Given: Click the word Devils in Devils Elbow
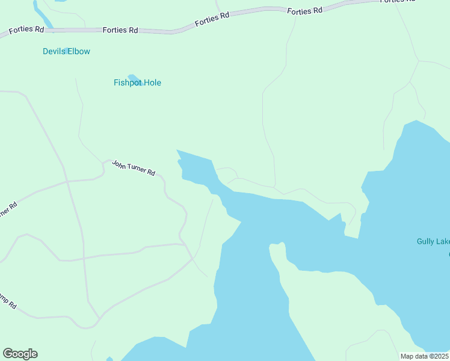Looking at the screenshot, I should [x=54, y=52].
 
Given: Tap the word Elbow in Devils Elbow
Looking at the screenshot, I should [x=78, y=52].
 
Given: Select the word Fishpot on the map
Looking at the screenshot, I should [x=127, y=83].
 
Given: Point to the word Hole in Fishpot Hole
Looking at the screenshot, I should [x=152, y=83].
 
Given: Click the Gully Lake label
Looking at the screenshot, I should [x=433, y=242].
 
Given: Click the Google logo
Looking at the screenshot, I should [x=20, y=354].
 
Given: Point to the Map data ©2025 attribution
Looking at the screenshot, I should [x=424, y=356].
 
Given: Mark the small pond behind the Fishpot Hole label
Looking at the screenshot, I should [x=134, y=78].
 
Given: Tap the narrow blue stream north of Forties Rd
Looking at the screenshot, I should [x=42, y=15].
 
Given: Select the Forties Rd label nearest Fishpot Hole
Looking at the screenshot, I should [x=120, y=29].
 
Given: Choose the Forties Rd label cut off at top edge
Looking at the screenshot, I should [x=398, y=1].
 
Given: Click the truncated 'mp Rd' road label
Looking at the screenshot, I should [x=8, y=301].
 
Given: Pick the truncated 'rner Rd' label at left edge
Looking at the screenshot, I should [x=7, y=211].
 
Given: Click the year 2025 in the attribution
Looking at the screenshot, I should [x=439, y=356].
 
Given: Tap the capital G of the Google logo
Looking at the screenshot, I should [x=8, y=354].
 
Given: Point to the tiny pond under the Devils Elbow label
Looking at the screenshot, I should [x=68, y=51].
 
